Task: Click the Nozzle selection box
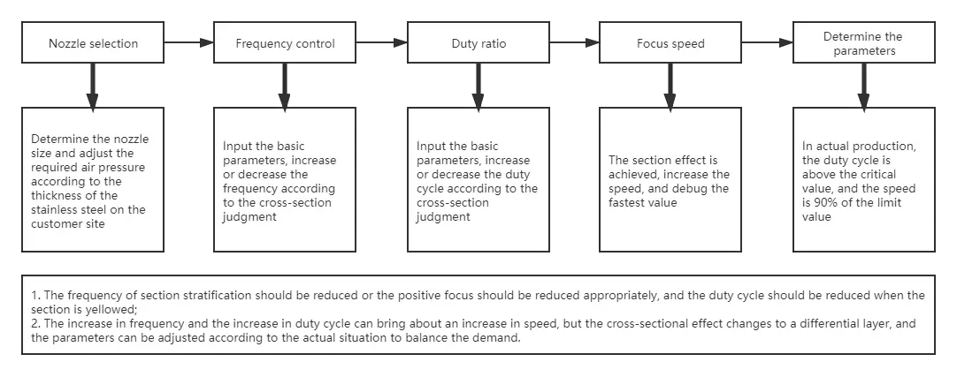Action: coord(93,42)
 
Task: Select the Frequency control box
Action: coord(285,42)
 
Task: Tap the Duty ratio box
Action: coord(478,42)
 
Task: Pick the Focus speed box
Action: coord(670,42)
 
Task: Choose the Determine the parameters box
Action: coord(863,42)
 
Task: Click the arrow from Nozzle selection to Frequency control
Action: coord(189,42)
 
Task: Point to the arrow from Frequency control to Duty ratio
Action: coord(382,42)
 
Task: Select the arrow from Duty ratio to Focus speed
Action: coord(574,42)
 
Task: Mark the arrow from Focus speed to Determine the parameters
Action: coord(767,42)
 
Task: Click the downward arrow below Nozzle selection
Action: coord(92,87)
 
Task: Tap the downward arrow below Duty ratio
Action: coord(478,87)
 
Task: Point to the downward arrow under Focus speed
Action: coord(670,87)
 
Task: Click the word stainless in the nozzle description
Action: coord(51,209)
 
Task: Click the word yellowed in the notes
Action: coord(109,309)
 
